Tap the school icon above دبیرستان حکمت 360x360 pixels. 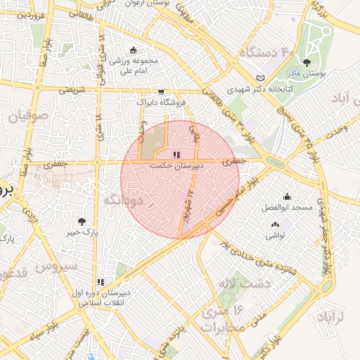pyautogui.click(x=176, y=155)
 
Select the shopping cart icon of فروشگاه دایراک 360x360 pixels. pyautogui.click(x=162, y=91)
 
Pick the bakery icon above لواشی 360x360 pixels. pyautogui.click(x=274, y=225)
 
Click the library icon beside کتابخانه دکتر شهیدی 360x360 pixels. pyautogui.click(x=261, y=77)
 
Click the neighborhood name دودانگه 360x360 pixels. pyautogui.click(x=123, y=200)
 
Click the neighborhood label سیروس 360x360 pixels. pyautogui.click(x=56, y=266)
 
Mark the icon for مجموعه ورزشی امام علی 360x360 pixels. pyautogui.click(x=134, y=51)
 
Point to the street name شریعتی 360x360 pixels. pyautogui.click(x=72, y=91)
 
